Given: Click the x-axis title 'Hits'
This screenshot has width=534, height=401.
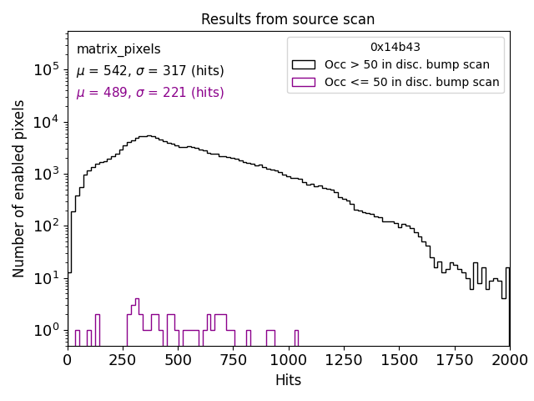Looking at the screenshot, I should pos(288,380).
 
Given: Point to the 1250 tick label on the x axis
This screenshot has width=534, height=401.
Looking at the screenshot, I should pos(344,359).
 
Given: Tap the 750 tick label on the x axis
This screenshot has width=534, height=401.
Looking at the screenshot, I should pos(234,359).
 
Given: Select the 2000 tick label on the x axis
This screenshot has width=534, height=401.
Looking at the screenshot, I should pos(509,359).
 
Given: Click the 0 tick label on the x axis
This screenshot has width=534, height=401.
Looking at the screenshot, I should pos(68,359).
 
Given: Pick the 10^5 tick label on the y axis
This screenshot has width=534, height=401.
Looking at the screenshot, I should pos(45,70).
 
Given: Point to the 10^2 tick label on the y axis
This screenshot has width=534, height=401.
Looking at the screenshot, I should pos(45,226).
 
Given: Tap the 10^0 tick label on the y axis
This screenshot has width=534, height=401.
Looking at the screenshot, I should pos(45,330).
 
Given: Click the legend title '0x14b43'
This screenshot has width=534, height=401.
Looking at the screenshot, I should pos(395,48).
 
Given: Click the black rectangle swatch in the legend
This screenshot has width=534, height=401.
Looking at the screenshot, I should pos(304,64).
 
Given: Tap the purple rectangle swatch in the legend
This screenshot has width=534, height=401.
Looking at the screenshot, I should pos(304,82).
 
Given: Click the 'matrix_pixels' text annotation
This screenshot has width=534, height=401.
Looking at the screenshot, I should pos(118,49).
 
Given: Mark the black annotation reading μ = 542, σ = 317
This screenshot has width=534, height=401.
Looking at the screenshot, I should pos(150,71).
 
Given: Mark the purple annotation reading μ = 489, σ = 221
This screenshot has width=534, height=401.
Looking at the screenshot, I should pos(150,93).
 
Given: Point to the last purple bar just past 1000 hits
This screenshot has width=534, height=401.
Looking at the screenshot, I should pos(296,338).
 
